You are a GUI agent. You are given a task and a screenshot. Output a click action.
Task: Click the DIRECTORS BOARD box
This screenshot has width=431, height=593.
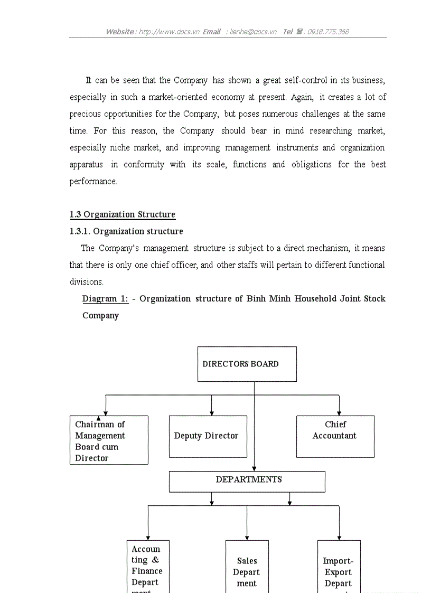point(247,364)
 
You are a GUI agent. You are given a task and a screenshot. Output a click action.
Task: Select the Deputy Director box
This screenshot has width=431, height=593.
point(208,436)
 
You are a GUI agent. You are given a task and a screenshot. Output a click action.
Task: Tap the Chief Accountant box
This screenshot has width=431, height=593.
point(335,436)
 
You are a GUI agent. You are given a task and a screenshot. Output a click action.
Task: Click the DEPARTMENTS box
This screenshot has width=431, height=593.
point(247,481)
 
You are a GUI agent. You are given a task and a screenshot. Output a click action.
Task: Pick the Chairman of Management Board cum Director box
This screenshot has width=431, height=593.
point(109,440)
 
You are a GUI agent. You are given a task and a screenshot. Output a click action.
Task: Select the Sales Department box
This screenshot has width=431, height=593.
point(247,568)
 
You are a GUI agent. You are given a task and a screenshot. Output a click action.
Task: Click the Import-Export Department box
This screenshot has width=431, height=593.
point(339,568)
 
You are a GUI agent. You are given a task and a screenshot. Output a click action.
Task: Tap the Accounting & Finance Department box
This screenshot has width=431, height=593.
point(148,568)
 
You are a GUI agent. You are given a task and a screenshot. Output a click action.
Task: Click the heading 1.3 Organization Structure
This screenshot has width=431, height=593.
point(122,214)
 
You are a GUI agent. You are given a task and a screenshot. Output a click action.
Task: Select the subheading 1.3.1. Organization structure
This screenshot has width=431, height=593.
point(126,231)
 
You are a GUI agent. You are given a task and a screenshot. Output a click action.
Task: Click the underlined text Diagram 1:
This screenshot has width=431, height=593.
point(105,299)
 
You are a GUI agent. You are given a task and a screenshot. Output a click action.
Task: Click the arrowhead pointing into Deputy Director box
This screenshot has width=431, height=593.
point(212,413)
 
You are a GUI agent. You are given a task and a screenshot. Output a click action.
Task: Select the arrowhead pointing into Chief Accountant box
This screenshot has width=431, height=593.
point(339,413)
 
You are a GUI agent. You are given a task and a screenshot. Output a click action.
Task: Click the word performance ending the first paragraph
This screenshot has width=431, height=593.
point(93,182)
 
